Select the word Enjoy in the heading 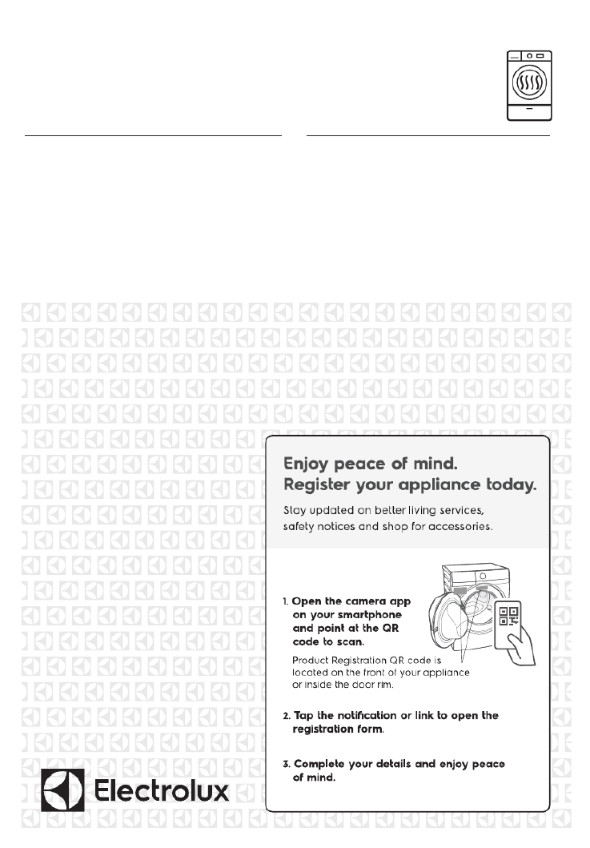(x=309, y=464)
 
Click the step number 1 (x=286, y=601)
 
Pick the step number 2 (x=286, y=715)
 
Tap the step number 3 (x=286, y=764)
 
